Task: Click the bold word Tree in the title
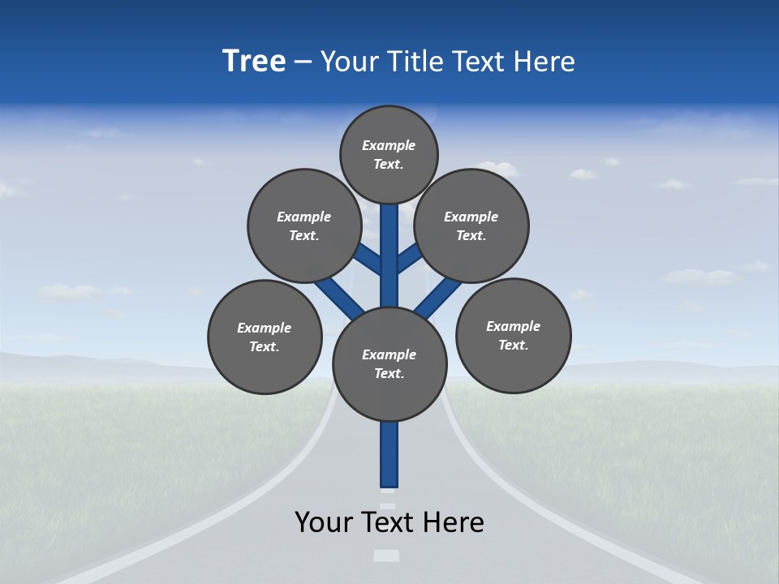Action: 254,62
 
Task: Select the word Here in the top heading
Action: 544,62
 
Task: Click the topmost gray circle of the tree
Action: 389,154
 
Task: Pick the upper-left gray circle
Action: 304,225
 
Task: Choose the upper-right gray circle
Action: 471,225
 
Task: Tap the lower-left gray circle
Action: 265,337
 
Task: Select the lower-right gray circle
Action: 513,335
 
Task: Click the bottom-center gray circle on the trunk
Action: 389,364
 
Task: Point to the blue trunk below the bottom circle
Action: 389,454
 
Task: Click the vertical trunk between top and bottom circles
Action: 389,255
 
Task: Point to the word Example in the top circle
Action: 389,146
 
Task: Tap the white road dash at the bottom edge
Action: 386,556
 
